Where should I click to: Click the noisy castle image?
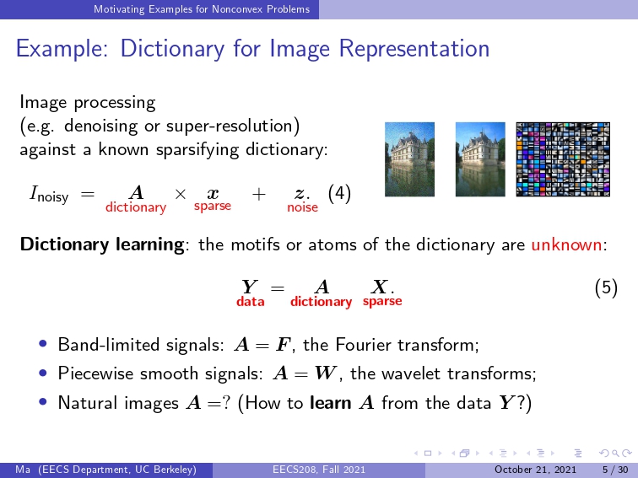tap(409, 159)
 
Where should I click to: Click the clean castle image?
tap(480, 159)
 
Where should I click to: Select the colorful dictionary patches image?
tap(563, 159)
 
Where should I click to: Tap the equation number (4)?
tap(339, 194)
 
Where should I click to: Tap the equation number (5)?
tap(606, 287)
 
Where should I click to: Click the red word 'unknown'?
tap(566, 244)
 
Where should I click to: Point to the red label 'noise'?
tap(302, 207)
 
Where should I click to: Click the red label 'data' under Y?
tap(251, 302)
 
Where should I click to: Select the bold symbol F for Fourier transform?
tap(284, 345)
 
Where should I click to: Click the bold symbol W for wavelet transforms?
tap(326, 373)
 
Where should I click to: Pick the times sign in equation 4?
tap(181, 194)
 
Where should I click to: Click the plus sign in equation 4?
tap(259, 194)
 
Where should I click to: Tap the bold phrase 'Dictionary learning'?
tap(102, 244)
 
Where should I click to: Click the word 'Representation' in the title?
tap(414, 49)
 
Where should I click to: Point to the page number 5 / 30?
tap(615, 470)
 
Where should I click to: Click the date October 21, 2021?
tap(535, 470)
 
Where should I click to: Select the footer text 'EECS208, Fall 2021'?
tap(319, 470)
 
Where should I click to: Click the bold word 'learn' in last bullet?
tap(331, 403)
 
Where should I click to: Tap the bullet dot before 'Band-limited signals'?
tap(43, 344)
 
